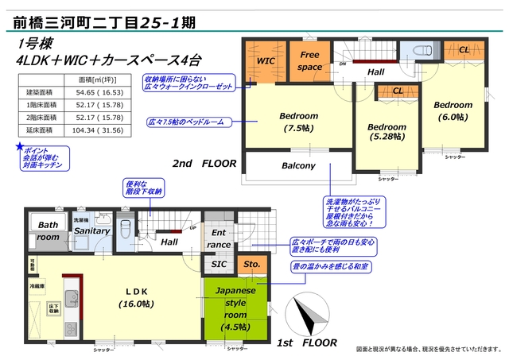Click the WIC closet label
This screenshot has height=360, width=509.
click(264, 60)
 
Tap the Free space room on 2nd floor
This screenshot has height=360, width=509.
click(309, 60)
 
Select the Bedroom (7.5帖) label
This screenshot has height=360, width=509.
click(298, 122)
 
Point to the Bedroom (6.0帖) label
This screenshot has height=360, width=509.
click(453, 111)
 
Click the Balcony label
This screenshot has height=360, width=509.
click(298, 166)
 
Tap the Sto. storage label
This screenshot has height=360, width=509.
click(252, 264)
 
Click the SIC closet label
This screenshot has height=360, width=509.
click(220, 264)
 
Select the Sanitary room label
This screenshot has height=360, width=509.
click(91, 231)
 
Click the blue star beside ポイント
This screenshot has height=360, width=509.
click(20, 146)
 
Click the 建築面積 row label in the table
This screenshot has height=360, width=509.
click(37, 93)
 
